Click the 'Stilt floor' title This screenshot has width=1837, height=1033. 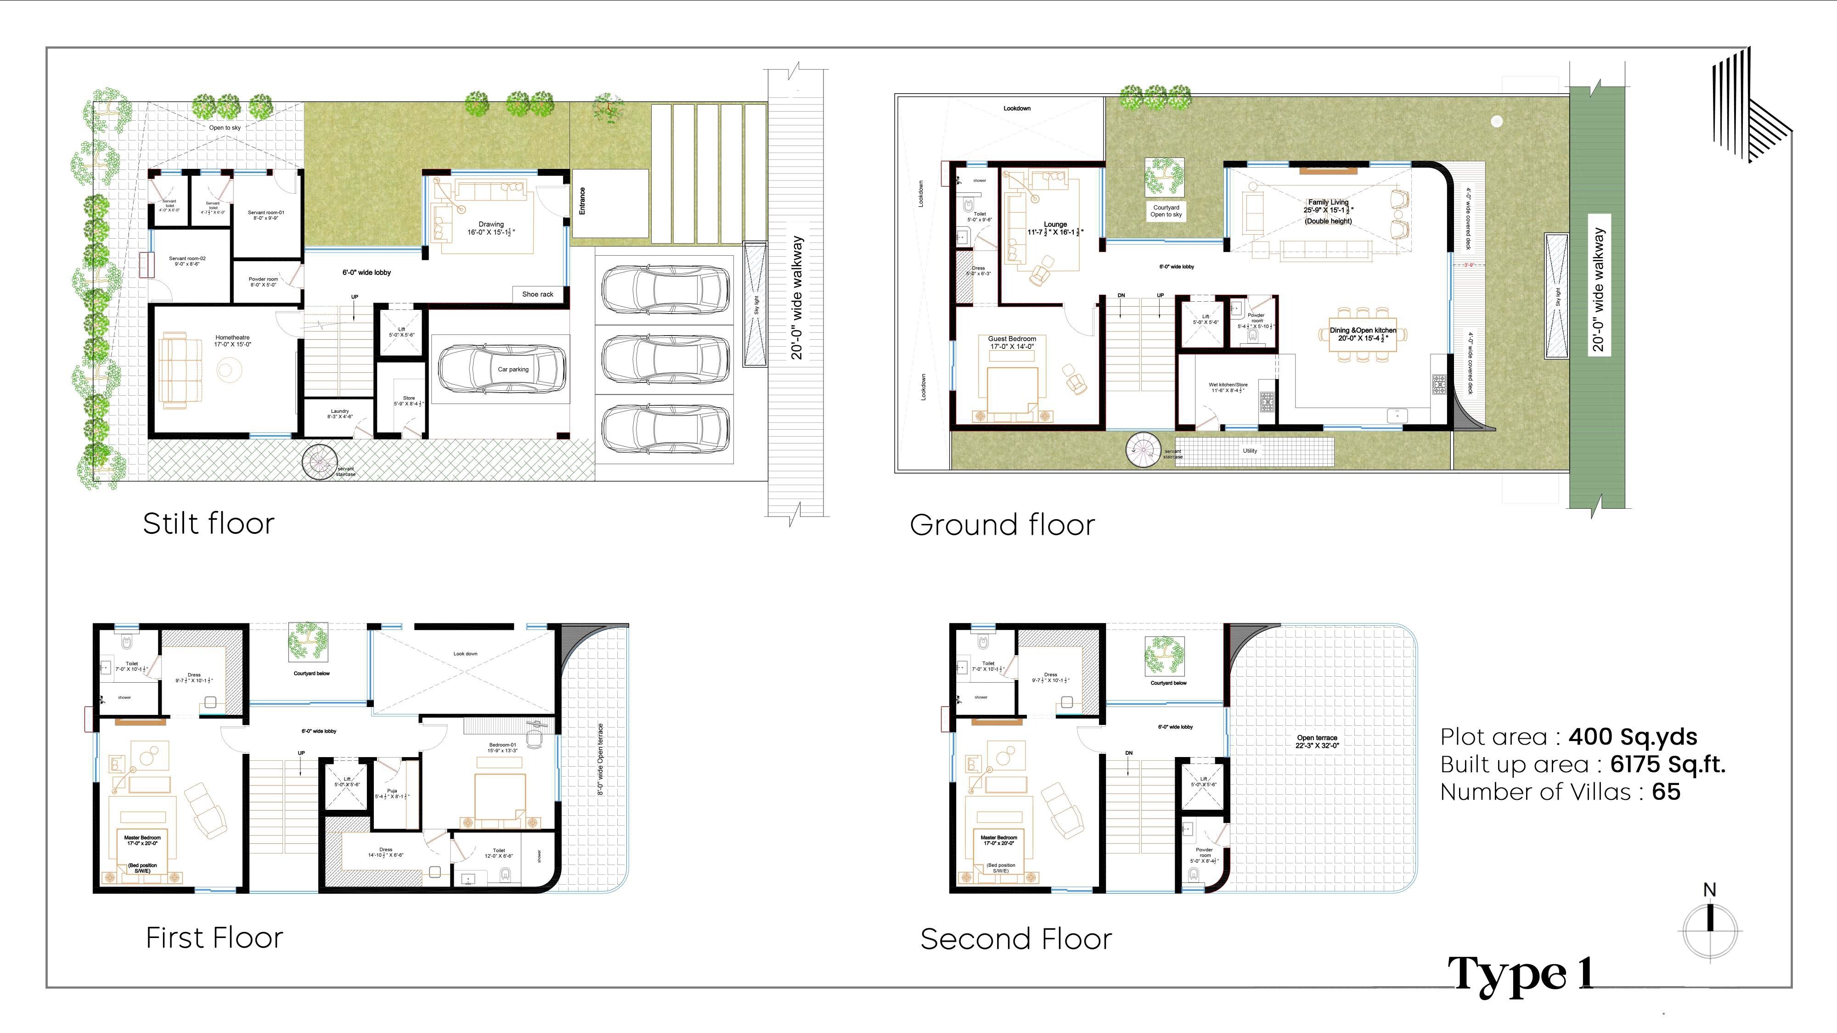click(x=208, y=523)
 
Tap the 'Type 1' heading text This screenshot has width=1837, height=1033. click(x=1521, y=974)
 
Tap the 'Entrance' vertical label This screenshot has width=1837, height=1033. click(x=582, y=201)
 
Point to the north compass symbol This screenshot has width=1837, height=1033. click(x=1709, y=927)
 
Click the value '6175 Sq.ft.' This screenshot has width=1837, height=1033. click(x=1667, y=764)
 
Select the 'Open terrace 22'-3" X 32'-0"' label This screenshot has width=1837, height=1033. click(x=1317, y=741)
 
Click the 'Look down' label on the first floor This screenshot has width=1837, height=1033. click(x=465, y=654)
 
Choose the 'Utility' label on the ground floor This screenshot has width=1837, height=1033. click(x=1249, y=450)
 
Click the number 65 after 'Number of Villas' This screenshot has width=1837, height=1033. click(x=1666, y=792)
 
